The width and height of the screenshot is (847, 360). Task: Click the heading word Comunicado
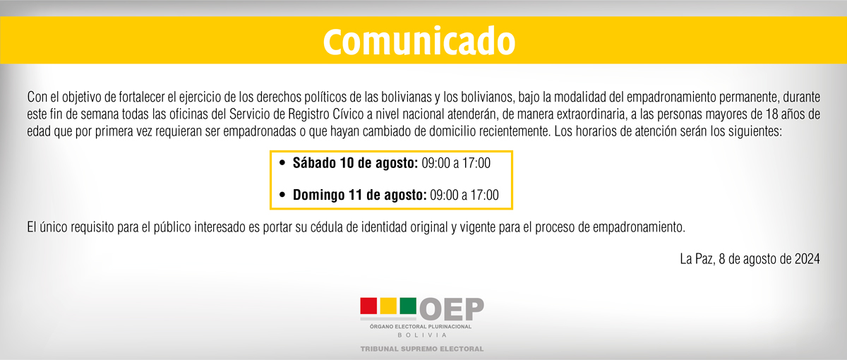tap(419, 41)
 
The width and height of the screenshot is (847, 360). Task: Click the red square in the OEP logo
tap(368, 306)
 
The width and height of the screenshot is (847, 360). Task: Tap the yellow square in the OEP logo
tap(388, 306)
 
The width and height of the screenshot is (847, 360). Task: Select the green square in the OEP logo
tap(408, 306)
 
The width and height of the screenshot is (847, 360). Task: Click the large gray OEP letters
tap(452, 309)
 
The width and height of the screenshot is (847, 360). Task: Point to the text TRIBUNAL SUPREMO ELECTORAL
tap(422, 349)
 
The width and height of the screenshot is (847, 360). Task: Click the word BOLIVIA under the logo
tap(422, 335)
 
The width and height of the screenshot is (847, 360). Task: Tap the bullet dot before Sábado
tap(282, 163)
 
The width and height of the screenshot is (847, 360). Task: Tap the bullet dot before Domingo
tap(282, 195)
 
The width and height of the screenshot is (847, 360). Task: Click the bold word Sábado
tap(314, 163)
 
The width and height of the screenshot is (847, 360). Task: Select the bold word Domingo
tap(318, 195)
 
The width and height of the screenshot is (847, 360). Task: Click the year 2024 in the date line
tap(807, 259)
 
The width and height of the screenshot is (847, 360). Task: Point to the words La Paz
tap(697, 259)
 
